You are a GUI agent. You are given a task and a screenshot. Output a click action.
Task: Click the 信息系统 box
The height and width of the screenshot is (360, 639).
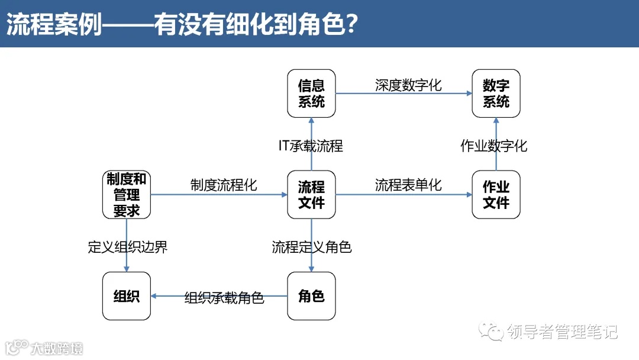coord(311,94)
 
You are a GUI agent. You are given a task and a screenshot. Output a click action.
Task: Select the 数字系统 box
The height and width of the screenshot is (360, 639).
coord(496,94)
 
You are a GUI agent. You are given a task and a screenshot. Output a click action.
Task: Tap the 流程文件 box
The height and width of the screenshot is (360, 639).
coord(311,195)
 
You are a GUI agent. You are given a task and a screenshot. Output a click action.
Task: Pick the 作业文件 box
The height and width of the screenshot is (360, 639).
coord(496,195)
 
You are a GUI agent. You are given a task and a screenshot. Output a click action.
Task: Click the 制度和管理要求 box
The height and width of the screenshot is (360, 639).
coord(127,195)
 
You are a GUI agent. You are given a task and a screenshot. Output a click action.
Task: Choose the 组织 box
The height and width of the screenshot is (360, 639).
coord(127,296)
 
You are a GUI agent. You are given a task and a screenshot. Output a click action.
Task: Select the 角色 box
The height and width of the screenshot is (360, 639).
coord(311,296)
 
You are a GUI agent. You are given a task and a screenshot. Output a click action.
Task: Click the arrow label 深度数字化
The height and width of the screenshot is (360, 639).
coord(408,85)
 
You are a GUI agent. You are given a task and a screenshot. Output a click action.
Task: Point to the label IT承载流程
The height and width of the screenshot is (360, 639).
coord(311,146)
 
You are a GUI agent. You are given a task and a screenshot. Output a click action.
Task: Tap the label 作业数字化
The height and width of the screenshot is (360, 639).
coord(493,146)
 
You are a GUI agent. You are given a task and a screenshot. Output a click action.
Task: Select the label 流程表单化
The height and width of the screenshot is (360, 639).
coord(408,185)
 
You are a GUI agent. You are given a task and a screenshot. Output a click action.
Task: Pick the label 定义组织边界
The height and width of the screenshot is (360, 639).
coord(128,247)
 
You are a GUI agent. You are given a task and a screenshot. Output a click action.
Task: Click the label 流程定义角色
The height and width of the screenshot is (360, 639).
coord(312,247)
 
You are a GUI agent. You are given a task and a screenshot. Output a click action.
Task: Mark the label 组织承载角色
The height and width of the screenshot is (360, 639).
coord(224,298)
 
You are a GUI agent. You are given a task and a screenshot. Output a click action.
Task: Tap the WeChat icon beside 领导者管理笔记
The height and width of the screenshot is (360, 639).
coord(492,331)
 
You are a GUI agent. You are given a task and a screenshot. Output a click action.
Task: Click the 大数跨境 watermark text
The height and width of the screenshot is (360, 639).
coord(57,348)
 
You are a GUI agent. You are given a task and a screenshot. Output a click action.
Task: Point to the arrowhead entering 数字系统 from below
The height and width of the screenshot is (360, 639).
coord(496,121)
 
